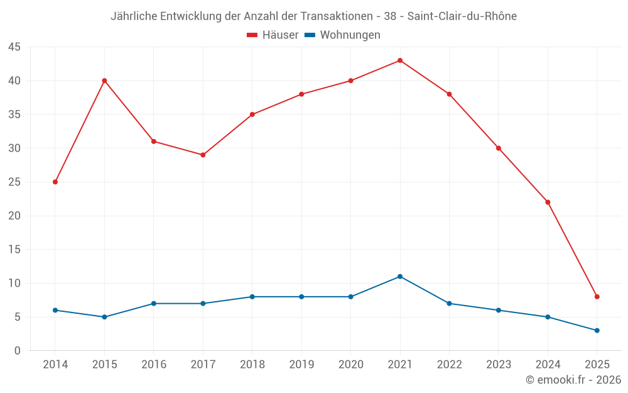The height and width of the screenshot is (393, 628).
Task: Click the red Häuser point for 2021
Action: tap(400, 60)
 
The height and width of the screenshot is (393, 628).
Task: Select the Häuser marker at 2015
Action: tap(104, 80)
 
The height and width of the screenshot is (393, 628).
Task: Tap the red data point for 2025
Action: tap(597, 297)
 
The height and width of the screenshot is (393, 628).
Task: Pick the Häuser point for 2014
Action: tap(55, 182)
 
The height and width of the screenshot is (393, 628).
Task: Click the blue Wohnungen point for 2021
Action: tap(400, 277)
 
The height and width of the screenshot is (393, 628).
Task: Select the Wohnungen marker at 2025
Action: tap(597, 330)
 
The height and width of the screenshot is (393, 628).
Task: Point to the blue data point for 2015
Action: tap(104, 317)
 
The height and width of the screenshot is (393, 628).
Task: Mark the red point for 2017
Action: tap(203, 155)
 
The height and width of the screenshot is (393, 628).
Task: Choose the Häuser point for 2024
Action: tap(548, 202)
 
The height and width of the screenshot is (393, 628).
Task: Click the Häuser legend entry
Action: tap(273, 35)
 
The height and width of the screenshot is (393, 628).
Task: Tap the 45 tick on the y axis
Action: tap(14, 47)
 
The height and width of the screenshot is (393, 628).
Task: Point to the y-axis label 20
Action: tap(14, 216)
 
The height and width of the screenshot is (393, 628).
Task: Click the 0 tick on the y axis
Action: tap(18, 351)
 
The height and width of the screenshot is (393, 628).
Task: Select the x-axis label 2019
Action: tap(301, 365)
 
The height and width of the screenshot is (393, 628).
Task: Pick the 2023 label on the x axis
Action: tap(499, 365)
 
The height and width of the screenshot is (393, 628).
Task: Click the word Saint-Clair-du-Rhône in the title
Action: tap(462, 16)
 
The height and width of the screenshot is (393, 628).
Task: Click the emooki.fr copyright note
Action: tap(573, 380)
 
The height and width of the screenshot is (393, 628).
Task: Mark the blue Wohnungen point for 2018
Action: tap(252, 297)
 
